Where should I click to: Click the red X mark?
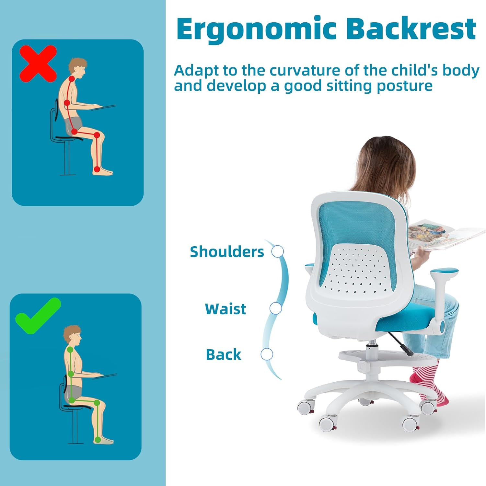click(38, 64)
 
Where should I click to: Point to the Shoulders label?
click(227, 252)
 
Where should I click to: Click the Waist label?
click(226, 309)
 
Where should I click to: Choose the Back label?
click(224, 354)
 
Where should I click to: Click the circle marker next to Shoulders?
click(278, 251)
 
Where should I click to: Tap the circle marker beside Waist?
click(276, 308)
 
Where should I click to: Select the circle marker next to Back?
click(267, 354)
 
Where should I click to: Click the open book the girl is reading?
click(445, 235)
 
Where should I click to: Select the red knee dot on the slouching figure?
click(97, 135)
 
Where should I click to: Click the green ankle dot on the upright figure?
click(98, 440)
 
